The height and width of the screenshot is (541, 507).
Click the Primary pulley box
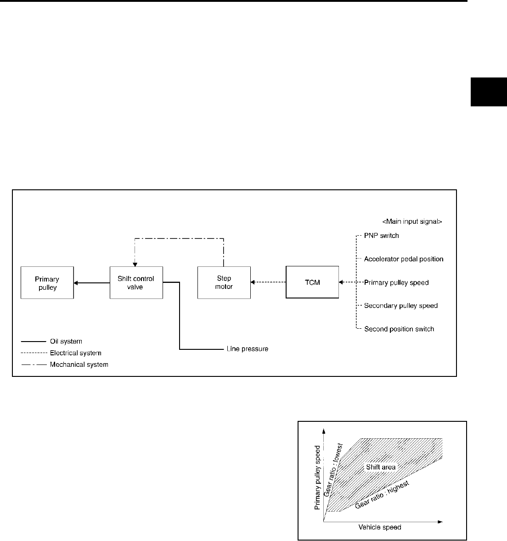47,283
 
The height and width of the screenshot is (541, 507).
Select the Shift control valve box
136,283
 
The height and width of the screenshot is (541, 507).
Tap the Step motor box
224,283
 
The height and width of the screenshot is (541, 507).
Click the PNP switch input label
381,236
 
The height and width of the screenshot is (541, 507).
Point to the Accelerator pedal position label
404,259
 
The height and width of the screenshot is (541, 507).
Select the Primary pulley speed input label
396,282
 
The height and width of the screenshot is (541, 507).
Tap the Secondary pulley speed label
401,306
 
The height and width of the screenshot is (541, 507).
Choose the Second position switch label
399,329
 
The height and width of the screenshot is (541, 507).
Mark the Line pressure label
248,349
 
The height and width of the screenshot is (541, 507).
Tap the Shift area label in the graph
381,467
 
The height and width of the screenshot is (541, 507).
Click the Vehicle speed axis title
380,527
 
